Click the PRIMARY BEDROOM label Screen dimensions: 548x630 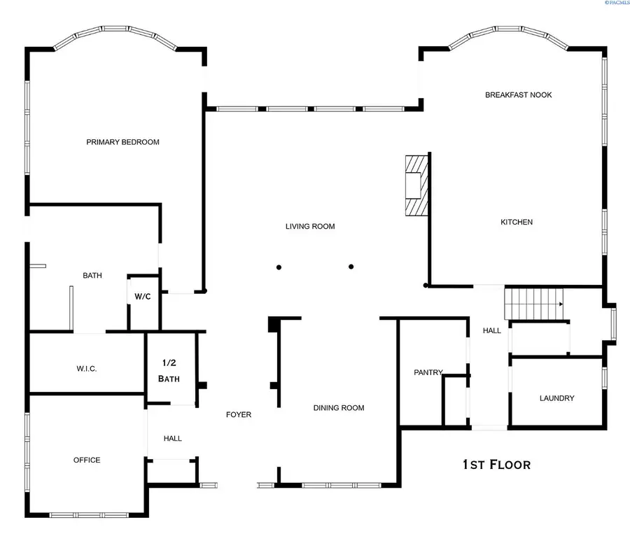click(122, 142)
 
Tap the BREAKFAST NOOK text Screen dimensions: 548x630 click(518, 94)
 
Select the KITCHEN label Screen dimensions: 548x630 click(517, 222)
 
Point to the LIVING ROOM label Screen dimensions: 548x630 click(310, 226)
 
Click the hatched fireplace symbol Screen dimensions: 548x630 click(415, 185)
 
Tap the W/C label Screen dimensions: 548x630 click(143, 297)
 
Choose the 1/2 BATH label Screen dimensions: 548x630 click(171, 370)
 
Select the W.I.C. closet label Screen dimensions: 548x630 click(86, 369)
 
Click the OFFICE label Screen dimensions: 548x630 click(87, 460)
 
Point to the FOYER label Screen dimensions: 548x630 click(238, 414)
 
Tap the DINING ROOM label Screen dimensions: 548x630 click(338, 408)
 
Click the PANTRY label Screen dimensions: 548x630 click(428, 372)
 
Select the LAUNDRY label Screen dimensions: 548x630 click(556, 398)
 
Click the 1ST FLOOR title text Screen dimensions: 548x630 click(496, 464)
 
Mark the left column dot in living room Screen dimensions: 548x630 click(279, 267)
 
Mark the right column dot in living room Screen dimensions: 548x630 click(351, 266)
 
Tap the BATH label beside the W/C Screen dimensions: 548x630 click(92, 275)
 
